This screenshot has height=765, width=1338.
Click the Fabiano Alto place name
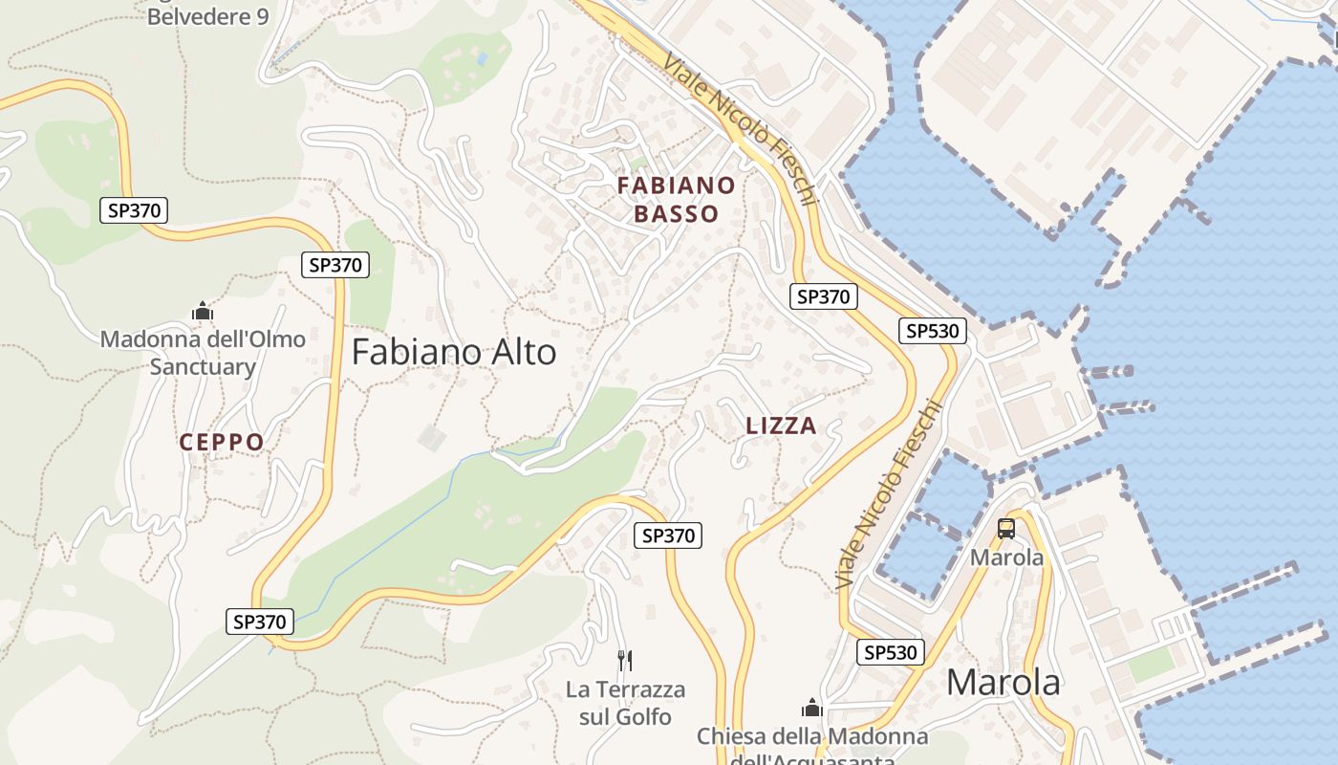tap(454, 353)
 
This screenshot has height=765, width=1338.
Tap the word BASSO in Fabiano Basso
tap(676, 213)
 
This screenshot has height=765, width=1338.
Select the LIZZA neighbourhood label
tap(781, 426)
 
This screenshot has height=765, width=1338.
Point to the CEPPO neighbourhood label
tap(222, 442)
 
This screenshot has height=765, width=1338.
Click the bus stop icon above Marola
tap(1006, 529)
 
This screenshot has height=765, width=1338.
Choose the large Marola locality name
tap(1003, 683)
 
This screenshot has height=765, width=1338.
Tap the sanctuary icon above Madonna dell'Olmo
tap(203, 311)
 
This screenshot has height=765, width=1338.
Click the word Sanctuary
tap(203, 367)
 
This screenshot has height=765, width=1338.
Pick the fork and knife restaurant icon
tap(625, 660)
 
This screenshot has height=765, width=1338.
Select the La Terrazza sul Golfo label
tap(625, 703)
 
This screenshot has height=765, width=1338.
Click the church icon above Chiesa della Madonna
tap(812, 708)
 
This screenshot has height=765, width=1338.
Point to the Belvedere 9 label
tap(207, 17)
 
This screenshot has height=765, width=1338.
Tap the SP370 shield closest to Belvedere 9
tap(134, 210)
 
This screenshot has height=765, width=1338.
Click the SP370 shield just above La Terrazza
tap(668, 535)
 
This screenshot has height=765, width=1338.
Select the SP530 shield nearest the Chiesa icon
tap(891, 652)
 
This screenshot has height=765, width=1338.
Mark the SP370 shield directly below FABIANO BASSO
tap(824, 296)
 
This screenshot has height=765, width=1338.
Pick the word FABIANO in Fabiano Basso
tap(676, 185)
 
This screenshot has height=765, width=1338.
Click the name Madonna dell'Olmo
tap(203, 339)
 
